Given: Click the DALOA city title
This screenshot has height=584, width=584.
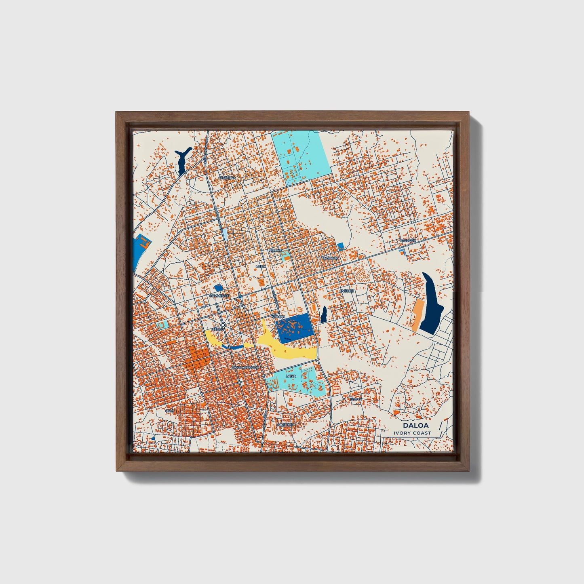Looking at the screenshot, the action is pyautogui.click(x=415, y=426).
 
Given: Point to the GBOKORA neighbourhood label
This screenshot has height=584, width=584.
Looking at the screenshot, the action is pyautogui.click(x=227, y=177).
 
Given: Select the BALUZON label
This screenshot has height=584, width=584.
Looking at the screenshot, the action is pyautogui.click(x=407, y=240).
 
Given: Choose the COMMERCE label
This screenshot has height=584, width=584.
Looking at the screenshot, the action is pyautogui.click(x=219, y=296).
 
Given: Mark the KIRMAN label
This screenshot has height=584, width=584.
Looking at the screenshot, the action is pyautogui.click(x=278, y=316).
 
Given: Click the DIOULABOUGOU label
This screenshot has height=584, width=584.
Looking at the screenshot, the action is pyautogui.click(x=245, y=368).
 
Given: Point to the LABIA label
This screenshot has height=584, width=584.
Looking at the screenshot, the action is pyautogui.click(x=291, y=376).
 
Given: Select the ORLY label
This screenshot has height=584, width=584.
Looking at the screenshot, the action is pyautogui.click(x=170, y=411).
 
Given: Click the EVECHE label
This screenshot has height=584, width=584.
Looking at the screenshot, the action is pyautogui.click(x=346, y=291).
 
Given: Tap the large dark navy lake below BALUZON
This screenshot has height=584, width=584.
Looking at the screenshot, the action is pyautogui.click(x=430, y=304).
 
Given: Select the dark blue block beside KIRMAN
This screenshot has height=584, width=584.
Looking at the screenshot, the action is pyautogui.click(x=294, y=327).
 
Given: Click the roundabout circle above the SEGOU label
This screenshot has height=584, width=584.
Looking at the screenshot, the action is pyautogui.click(x=223, y=325).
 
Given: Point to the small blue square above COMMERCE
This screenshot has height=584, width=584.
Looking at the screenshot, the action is pyautogui.click(x=218, y=287).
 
